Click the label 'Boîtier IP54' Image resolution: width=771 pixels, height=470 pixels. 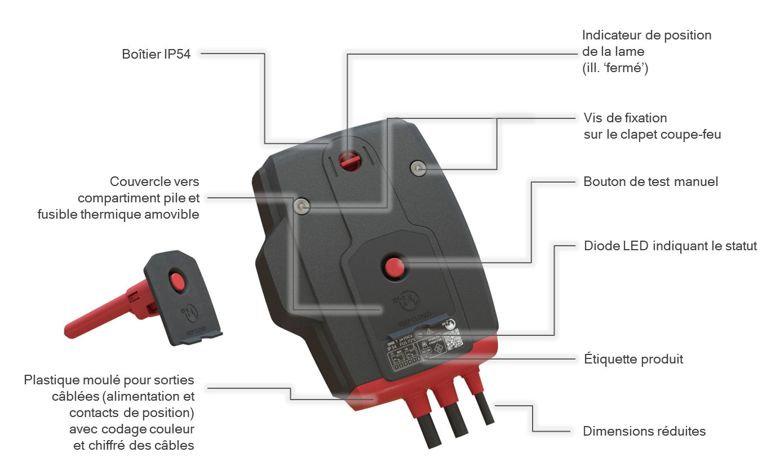(156, 55)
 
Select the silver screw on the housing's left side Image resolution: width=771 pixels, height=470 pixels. (302, 207)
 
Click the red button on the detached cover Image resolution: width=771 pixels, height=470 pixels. (178, 280)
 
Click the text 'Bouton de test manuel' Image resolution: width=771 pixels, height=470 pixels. (650, 182)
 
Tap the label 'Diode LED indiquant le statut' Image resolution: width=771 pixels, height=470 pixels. (670, 246)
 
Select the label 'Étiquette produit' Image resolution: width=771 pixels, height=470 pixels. (633, 359)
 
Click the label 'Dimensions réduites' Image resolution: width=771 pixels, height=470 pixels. (644, 432)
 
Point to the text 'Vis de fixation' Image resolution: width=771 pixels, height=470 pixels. (625, 118)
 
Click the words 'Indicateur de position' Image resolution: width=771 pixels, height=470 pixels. (646, 36)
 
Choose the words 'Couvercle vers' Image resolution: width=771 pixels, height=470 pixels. (154, 182)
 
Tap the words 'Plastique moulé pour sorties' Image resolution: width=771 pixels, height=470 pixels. (109, 379)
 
